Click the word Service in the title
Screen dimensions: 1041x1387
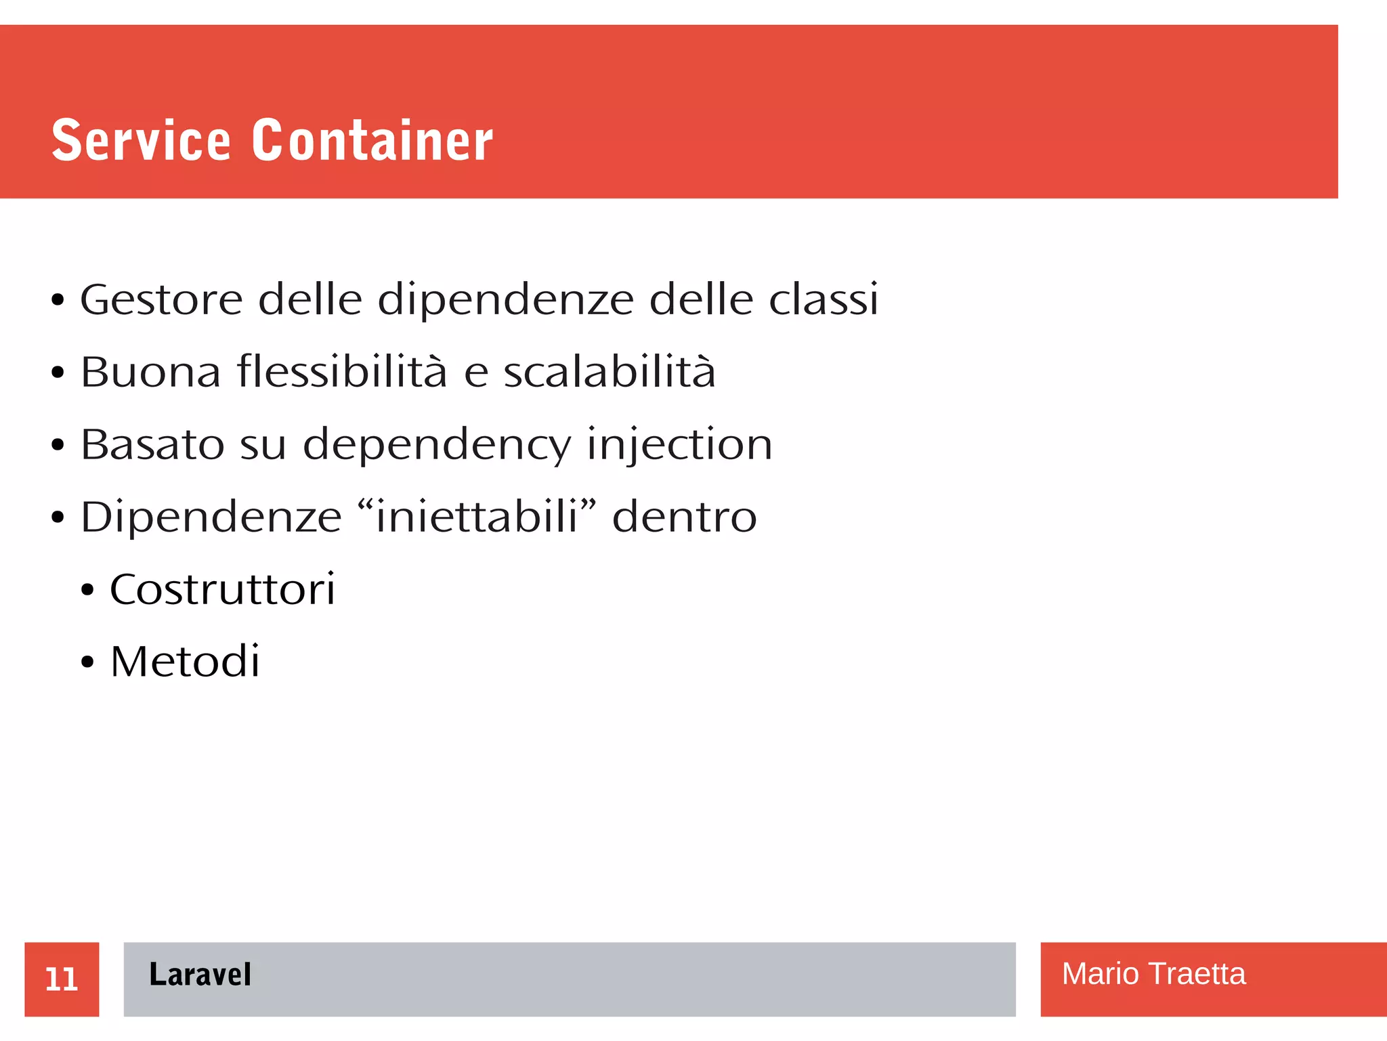[141, 140]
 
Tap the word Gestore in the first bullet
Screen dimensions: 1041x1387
[161, 299]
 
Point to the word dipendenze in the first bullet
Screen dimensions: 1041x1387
[505, 301]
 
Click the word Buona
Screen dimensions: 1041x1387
[150, 372]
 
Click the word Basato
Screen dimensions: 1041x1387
[152, 444]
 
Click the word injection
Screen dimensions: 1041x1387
[679, 446]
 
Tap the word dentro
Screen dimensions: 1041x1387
[684, 517]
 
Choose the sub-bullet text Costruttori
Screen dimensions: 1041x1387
[222, 589]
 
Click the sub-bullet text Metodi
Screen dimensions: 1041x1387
[185, 662]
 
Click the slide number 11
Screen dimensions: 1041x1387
[62, 979]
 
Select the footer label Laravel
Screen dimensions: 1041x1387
[200, 975]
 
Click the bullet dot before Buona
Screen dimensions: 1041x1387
[58, 373]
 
